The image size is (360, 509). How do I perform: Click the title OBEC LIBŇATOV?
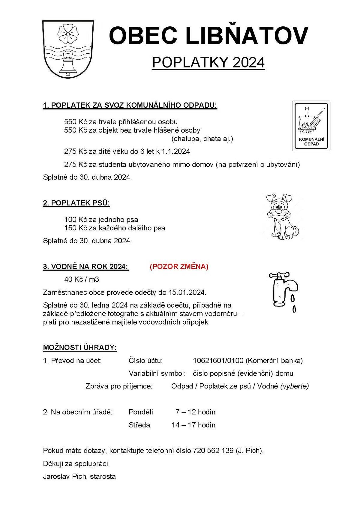[208, 36]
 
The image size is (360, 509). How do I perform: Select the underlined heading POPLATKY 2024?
[208, 62]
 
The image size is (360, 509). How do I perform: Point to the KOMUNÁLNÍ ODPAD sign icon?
[311, 126]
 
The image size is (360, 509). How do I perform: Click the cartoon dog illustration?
[282, 216]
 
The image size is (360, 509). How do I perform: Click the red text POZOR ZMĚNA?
[179, 267]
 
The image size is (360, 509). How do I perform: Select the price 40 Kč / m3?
[82, 280]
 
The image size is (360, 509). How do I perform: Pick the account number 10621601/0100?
[218, 361]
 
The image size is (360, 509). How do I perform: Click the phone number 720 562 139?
[213, 451]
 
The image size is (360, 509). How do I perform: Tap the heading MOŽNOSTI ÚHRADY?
[80, 348]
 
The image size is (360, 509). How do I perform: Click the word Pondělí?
[141, 412]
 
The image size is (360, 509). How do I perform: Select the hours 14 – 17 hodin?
[193, 425]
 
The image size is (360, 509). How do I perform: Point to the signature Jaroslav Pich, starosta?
[79, 476]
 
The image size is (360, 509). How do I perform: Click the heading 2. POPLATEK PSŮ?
[76, 203]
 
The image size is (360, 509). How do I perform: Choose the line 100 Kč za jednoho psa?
[101, 220]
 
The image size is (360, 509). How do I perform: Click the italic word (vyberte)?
[294, 386]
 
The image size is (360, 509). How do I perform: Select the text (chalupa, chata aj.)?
[202, 139]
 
